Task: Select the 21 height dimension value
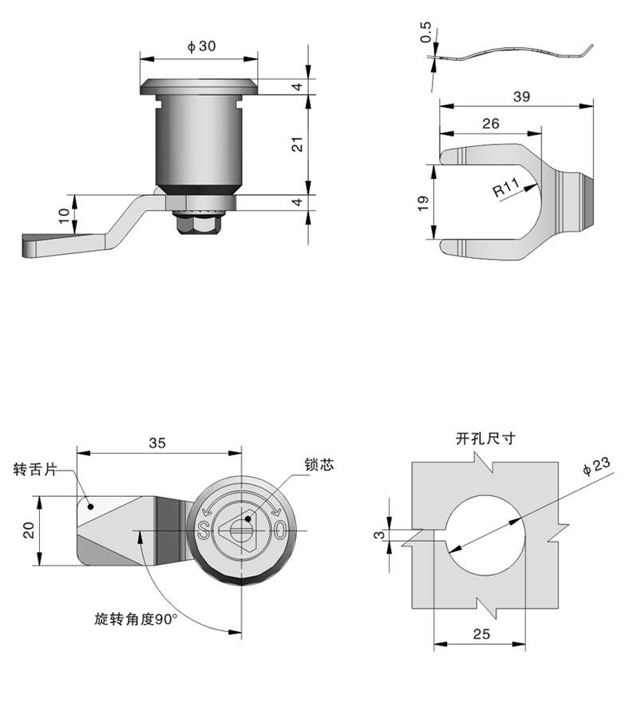(x=296, y=145)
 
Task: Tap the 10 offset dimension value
(x=63, y=216)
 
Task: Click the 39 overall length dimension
(x=520, y=96)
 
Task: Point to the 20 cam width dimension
(x=29, y=529)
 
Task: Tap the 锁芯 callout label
(x=318, y=464)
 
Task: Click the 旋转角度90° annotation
(x=135, y=618)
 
